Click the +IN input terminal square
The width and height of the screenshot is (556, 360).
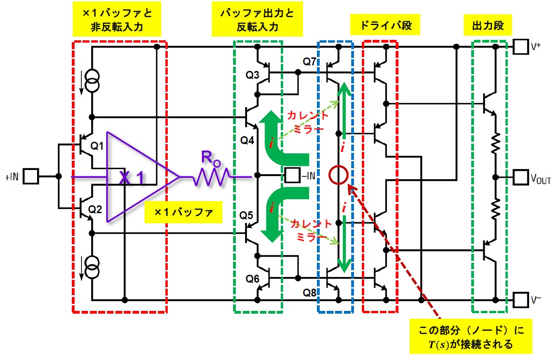31,176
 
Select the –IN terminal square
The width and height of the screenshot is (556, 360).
292,175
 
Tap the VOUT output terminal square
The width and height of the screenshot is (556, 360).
521,177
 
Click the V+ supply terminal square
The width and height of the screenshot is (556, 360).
521,46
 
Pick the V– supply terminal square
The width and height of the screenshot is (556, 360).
521,300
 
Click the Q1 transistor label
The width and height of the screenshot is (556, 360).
97,146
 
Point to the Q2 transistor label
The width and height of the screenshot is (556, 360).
95,210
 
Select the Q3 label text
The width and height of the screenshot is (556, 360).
253,75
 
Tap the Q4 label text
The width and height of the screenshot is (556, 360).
247,140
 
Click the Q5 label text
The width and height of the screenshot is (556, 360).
246,215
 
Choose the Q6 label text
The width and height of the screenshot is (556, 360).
253,279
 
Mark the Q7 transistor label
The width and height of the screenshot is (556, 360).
310,61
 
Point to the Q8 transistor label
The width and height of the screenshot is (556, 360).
310,293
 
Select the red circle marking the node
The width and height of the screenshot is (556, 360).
339,175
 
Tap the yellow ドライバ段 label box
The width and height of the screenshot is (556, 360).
385,25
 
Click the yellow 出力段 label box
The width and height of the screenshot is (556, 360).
488,25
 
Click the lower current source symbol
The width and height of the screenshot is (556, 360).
92,267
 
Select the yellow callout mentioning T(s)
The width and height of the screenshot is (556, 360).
471,336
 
